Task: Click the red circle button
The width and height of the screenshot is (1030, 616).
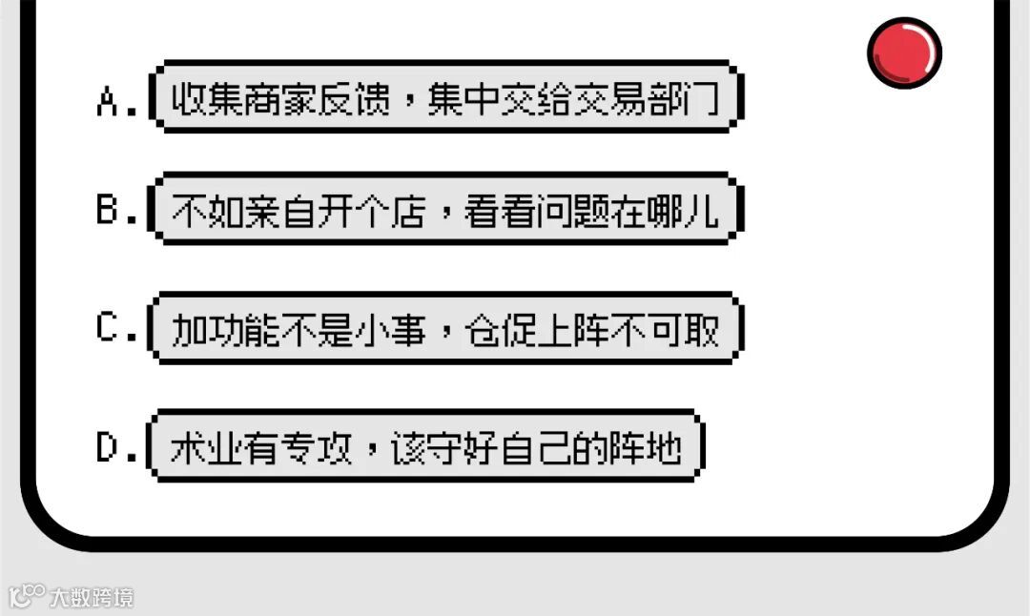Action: (904, 51)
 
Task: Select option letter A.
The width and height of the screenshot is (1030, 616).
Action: (108, 100)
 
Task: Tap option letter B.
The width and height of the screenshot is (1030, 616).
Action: (108, 211)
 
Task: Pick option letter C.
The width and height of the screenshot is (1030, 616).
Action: (108, 328)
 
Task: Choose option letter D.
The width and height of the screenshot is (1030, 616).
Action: (108, 447)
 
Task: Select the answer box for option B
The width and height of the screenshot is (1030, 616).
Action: (445, 209)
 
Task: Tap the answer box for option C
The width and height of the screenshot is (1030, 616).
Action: (445, 329)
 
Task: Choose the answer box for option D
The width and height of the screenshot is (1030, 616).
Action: (427, 445)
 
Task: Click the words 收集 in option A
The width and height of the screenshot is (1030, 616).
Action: (207, 98)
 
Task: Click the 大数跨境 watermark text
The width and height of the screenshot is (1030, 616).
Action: (93, 598)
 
